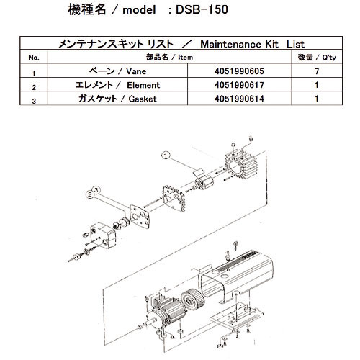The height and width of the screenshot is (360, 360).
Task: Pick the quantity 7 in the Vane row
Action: tap(315, 72)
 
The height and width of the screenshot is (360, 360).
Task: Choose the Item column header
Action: tap(166, 57)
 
